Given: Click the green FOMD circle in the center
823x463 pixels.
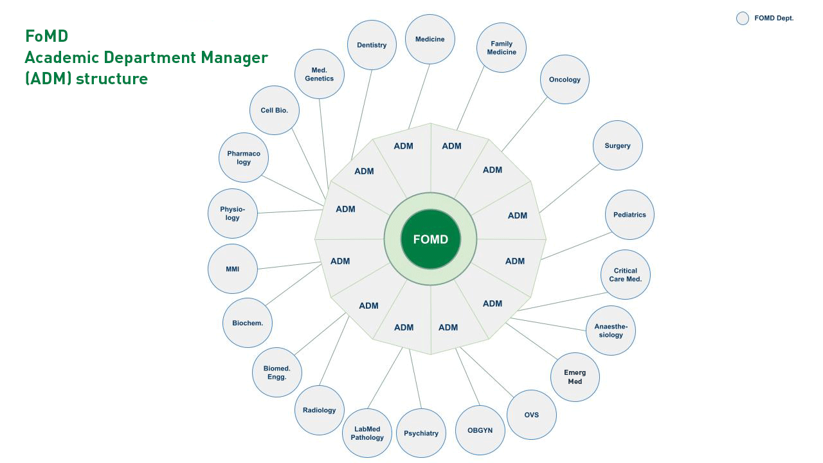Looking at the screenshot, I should pos(430,239).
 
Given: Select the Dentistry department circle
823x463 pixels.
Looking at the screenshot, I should pos(372,45).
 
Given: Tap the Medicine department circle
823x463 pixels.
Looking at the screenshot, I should pos(430,39).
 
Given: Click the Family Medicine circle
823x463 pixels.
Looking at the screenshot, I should pos(502,48).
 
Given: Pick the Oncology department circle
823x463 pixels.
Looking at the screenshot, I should pos(565,80).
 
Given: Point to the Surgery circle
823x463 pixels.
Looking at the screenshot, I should pos(617,145).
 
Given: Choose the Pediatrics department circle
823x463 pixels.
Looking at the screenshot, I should pos(629,215).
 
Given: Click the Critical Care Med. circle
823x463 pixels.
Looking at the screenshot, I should pos(626,275).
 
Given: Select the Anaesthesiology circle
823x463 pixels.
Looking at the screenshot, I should pos(611,331).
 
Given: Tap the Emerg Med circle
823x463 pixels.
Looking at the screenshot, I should pos(575,377).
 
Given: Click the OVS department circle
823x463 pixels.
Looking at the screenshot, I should pos(532,415).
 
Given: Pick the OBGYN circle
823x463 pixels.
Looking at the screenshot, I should pos(480,430).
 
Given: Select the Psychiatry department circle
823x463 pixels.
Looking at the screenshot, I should pos(421,433).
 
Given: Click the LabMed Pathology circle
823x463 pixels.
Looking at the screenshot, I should pos(367,433).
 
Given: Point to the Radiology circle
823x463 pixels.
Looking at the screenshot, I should pos(320,410).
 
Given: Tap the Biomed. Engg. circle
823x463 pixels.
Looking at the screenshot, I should pos(277,372).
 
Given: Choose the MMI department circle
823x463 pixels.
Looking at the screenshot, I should pos(233,269).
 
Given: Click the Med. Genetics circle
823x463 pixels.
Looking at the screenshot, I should pos(320,74).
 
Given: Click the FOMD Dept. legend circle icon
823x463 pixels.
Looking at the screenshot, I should pos(743,18).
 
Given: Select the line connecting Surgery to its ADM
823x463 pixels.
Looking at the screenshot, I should pos(570,187).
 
